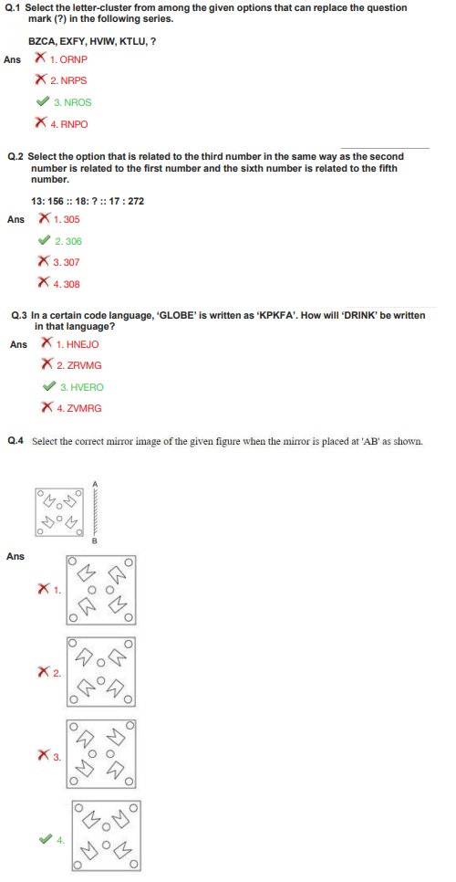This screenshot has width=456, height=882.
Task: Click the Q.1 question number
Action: tap(12, 8)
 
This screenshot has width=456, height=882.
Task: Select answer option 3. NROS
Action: tap(72, 102)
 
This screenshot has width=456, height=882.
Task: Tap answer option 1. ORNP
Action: tap(69, 59)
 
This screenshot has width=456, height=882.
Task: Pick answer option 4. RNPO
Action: tap(69, 124)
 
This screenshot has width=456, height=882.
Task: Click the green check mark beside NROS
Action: tap(42, 102)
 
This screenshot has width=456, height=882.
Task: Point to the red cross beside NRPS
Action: tap(41, 80)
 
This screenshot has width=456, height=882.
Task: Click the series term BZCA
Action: tap(40, 41)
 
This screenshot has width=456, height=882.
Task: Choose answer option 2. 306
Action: tap(68, 241)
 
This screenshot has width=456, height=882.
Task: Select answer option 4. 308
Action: tap(67, 284)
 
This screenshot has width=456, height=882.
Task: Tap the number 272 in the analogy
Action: tap(136, 200)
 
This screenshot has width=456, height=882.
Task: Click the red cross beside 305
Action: tap(44, 219)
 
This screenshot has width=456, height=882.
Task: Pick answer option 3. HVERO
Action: tap(82, 387)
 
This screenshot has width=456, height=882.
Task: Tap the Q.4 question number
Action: tap(16, 441)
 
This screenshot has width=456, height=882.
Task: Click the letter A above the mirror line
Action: tap(95, 483)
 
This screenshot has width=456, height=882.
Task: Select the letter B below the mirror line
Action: tap(94, 541)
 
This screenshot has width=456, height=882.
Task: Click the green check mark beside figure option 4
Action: tap(46, 839)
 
